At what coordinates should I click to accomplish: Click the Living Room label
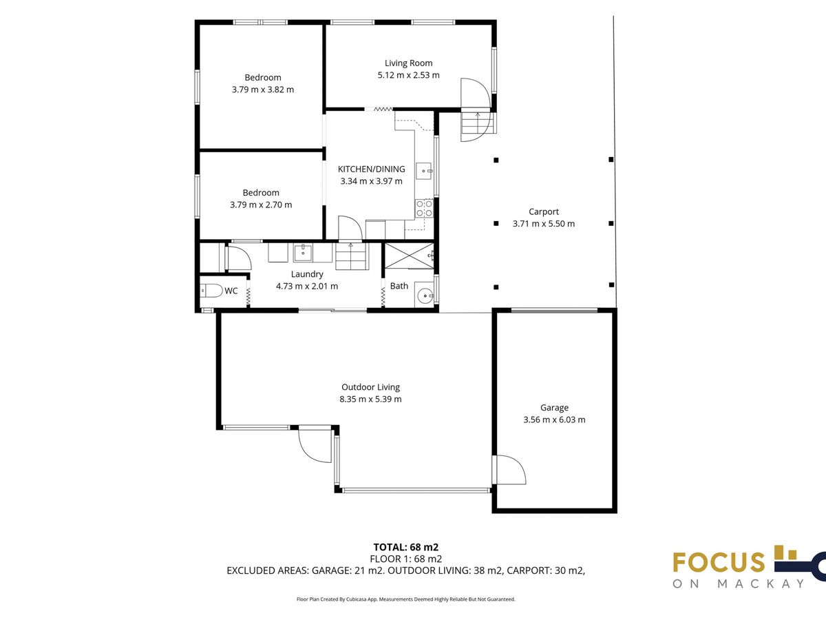(x=408, y=63)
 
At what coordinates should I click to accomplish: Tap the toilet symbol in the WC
(x=211, y=291)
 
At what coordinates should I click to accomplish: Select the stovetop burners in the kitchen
(x=424, y=209)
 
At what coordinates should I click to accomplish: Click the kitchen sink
(x=424, y=171)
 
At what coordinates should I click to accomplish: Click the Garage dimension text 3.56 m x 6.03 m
(x=554, y=420)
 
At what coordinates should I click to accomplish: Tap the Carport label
(x=544, y=211)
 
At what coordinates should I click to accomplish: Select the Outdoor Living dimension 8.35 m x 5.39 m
(x=370, y=399)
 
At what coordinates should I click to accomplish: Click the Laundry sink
(x=303, y=253)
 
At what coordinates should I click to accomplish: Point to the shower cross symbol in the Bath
(x=410, y=256)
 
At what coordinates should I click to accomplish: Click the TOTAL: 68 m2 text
(x=406, y=547)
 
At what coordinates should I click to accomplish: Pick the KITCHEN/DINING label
(x=372, y=169)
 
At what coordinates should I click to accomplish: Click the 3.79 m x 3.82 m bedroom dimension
(x=263, y=90)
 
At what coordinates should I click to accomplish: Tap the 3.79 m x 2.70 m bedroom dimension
(x=261, y=205)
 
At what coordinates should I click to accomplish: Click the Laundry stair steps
(x=352, y=256)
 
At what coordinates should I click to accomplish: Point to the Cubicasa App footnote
(x=406, y=599)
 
